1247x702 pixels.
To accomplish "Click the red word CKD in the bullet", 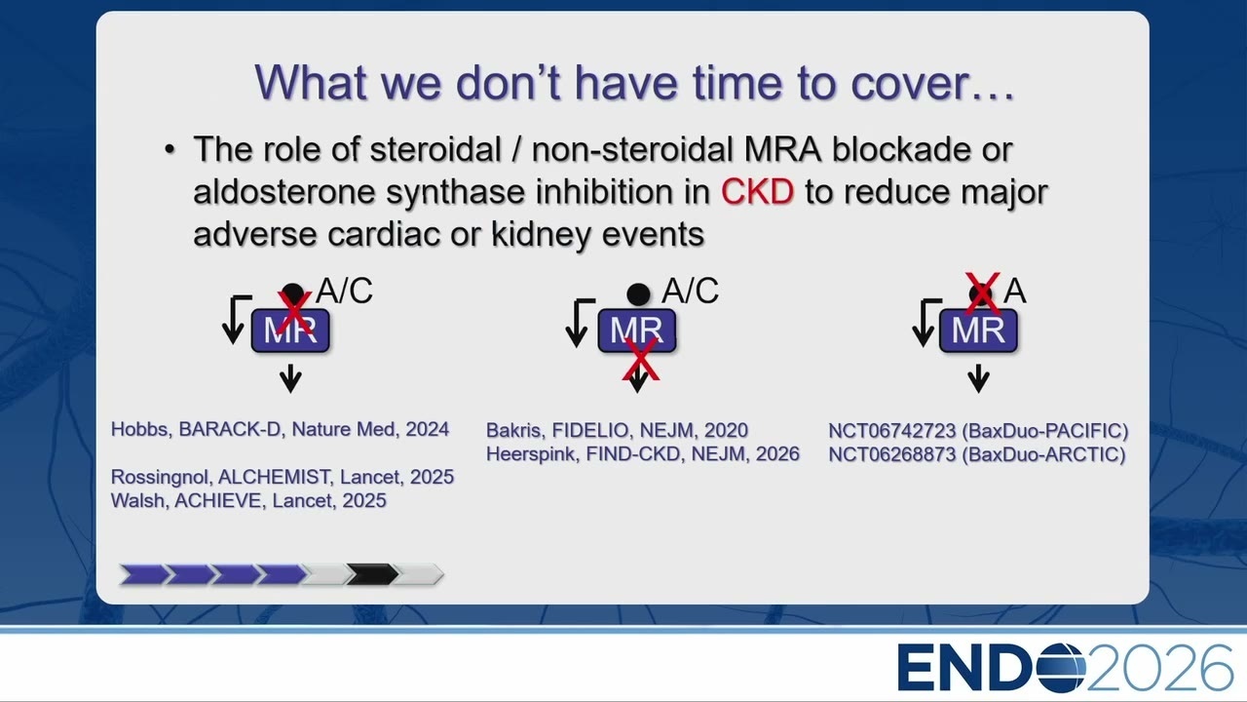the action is coord(757,192).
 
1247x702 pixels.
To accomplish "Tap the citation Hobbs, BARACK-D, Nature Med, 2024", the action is coord(280,429).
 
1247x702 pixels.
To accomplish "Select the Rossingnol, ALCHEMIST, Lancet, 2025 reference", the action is coord(283,477).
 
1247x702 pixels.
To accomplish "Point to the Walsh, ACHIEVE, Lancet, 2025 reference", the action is coord(248,500).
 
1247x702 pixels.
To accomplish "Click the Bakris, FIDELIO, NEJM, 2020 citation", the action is coord(617,430).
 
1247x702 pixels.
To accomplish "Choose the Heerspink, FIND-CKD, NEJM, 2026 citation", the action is coord(642,454).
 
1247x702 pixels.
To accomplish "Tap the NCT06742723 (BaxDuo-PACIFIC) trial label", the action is coord(978,431).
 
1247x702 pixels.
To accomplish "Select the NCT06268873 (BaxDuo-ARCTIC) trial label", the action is coord(977,454).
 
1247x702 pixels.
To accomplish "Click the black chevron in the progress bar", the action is coord(372,574).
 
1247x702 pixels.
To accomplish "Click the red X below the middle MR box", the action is coord(641,361).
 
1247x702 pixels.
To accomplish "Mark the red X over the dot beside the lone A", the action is coord(982,293).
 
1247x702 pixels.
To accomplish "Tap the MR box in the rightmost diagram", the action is coord(978,331).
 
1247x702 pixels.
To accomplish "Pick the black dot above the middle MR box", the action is coord(638,294).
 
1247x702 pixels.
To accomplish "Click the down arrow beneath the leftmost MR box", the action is coord(290,379).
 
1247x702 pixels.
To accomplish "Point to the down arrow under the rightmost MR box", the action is coord(978,379).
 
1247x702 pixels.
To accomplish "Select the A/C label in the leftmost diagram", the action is coord(345,291).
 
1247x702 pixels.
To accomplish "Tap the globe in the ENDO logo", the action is coord(1061,668).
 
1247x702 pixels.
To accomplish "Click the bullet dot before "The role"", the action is coord(170,149).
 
